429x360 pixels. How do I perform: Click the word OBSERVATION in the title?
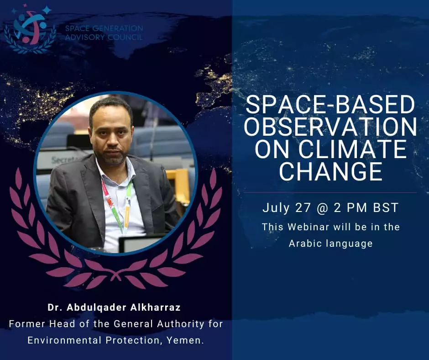coord(330,127)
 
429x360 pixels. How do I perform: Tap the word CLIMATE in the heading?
coord(352,149)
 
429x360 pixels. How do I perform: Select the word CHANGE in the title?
coord(330,171)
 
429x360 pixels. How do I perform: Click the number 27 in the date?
coord(303,208)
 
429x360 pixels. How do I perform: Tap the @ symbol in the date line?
coord(322,208)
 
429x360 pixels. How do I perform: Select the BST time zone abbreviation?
coord(386,208)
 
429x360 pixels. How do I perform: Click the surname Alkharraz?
coord(156,307)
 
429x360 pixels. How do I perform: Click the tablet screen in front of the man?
coord(141,244)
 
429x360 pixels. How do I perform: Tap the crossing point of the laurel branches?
coord(116,274)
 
